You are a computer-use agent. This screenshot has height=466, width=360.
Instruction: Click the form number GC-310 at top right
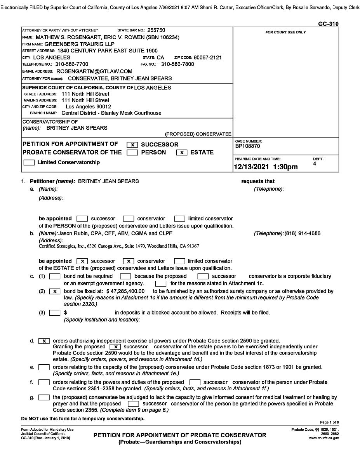tap(328, 24)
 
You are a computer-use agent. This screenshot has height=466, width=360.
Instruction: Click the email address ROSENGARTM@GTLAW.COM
tap(94, 71)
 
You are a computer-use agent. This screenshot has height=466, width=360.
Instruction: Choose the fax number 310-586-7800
tap(177, 64)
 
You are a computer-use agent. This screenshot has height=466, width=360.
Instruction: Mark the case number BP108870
tap(248, 146)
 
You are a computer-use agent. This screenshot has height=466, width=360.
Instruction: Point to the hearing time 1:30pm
tap(285, 167)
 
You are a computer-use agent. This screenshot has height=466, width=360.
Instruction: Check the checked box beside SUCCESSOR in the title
tap(132, 145)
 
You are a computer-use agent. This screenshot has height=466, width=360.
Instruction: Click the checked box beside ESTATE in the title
tap(182, 153)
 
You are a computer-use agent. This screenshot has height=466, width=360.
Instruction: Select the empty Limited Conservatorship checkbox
tap(29, 163)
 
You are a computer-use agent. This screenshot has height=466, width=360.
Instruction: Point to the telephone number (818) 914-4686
tap(303, 233)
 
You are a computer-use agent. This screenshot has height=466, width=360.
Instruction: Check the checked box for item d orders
tap(44, 341)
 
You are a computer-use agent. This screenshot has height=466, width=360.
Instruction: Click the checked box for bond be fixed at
tap(55, 291)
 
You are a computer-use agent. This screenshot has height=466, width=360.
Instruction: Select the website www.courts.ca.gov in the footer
tap(324, 438)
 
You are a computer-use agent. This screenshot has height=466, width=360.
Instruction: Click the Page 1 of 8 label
tap(329, 422)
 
